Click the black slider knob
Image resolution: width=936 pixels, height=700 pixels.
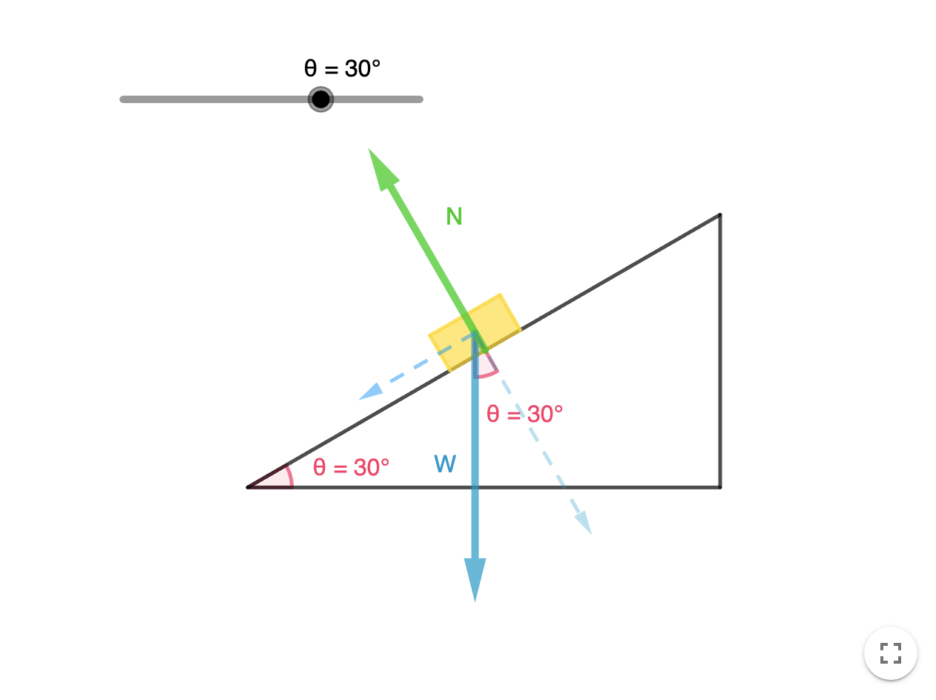click(320, 99)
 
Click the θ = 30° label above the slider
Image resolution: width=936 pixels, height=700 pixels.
click(342, 69)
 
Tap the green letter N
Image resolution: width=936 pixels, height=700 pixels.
click(454, 217)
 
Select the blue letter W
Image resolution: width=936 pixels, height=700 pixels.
click(445, 465)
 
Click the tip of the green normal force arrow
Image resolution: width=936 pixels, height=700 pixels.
click(371, 151)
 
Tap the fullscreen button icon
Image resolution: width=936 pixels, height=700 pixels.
click(890, 653)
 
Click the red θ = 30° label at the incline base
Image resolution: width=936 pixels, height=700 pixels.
click(351, 467)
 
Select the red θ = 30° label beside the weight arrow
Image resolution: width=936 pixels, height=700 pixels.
click(524, 414)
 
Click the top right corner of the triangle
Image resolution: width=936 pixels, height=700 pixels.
click(719, 215)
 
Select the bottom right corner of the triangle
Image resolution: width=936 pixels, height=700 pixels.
click(719, 487)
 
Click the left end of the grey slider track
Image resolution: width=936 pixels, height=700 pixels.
click(123, 99)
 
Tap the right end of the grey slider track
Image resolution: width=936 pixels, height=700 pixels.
click(420, 99)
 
